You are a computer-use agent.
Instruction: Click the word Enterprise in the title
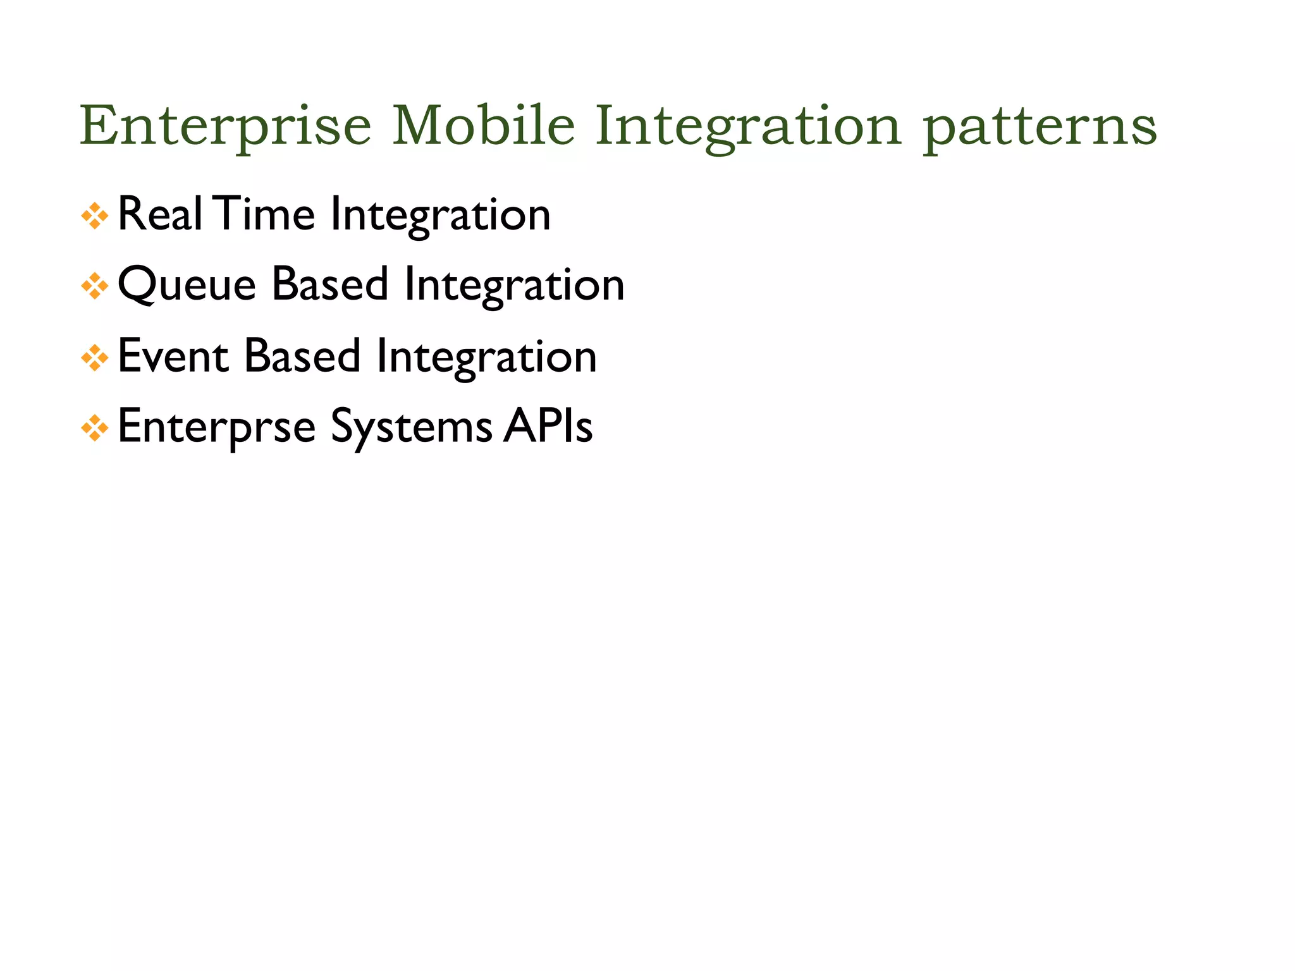pyautogui.click(x=225, y=126)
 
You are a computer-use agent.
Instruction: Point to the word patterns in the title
pyautogui.click(x=1040, y=126)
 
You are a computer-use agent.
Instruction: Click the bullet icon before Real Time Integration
pyautogui.click(x=95, y=216)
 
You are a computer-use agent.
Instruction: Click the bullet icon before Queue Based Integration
pyautogui.click(x=95, y=286)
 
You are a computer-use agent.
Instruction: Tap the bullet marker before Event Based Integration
pyautogui.click(x=95, y=358)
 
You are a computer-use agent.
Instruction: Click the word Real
pyautogui.click(x=160, y=214)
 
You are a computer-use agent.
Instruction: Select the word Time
pyautogui.click(x=264, y=214)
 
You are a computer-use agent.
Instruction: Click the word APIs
pyautogui.click(x=548, y=427)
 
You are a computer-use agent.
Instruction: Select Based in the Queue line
pyautogui.click(x=329, y=285)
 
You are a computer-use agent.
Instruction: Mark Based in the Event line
pyautogui.click(x=302, y=356)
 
